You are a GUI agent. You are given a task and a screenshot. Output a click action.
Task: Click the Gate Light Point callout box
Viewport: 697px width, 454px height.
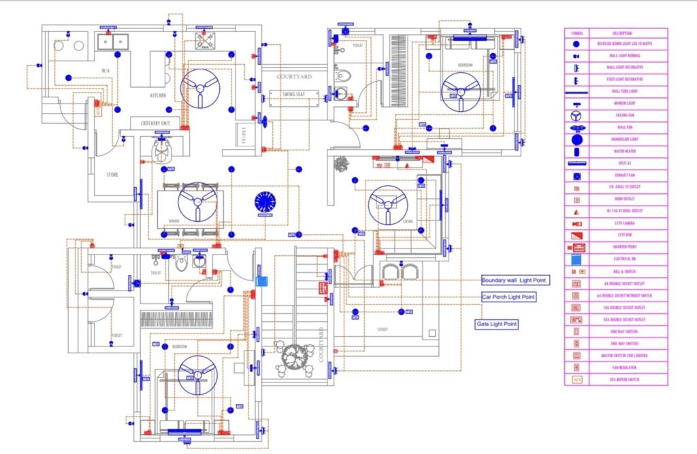[497, 324]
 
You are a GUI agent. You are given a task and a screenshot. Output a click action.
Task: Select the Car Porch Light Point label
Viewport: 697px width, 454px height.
[508, 297]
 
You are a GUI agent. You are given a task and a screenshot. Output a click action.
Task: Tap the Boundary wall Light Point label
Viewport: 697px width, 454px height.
[514, 280]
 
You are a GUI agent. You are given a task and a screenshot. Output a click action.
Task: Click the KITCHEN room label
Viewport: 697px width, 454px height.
[158, 96]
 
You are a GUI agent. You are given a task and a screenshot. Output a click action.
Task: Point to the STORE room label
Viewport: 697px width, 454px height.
[112, 175]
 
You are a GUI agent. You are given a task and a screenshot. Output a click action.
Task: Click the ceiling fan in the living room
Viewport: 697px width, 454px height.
[388, 205]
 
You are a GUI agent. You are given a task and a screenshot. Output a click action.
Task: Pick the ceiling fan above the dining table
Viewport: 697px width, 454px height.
[197, 201]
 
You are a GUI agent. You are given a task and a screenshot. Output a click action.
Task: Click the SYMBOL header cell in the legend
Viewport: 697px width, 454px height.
[577, 33]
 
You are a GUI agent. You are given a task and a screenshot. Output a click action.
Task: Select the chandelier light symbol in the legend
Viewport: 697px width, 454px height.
[577, 139]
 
